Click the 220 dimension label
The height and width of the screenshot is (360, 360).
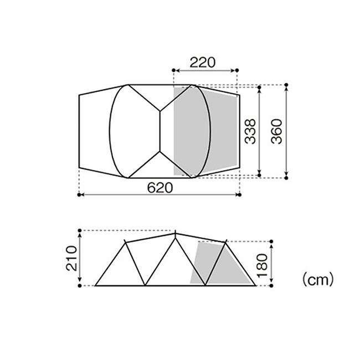click(x=203, y=63)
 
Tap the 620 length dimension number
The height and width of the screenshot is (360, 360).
click(x=160, y=188)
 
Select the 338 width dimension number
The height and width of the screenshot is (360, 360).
click(x=250, y=131)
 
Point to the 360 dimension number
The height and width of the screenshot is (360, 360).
click(x=276, y=131)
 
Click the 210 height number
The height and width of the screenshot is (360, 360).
click(x=71, y=258)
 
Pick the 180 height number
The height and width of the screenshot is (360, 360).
click(x=262, y=266)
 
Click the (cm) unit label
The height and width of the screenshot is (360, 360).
click(x=318, y=279)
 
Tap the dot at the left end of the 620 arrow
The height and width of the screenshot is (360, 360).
click(x=79, y=195)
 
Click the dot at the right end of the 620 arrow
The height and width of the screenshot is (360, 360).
click(x=240, y=195)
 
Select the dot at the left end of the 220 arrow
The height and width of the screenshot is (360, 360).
click(x=174, y=70)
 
